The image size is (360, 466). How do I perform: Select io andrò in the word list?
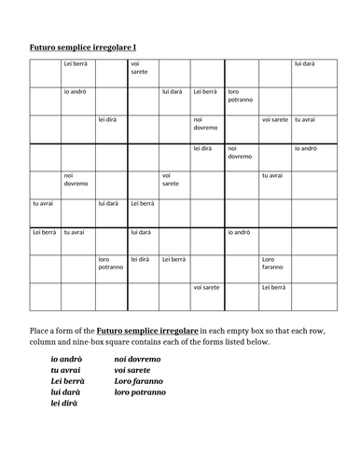click(66, 359)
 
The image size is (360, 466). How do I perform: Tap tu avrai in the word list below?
click(66, 370)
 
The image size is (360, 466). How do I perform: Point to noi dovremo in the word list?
click(137, 359)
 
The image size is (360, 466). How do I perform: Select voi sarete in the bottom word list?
click(132, 370)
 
